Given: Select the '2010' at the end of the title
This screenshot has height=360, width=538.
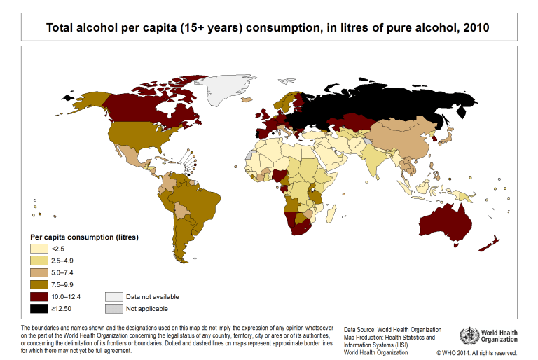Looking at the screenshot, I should [476, 28].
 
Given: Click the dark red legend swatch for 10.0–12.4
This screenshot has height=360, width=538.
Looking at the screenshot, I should [38, 296].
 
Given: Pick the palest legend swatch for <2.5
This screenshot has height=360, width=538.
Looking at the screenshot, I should [38, 248].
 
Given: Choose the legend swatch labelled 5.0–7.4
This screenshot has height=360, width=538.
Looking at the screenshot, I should [38, 272].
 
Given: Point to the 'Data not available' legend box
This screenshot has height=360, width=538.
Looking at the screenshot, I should [113, 296].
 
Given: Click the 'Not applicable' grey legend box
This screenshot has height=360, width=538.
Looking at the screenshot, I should [113, 308].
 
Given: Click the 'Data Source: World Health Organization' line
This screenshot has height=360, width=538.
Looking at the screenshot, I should [392, 329].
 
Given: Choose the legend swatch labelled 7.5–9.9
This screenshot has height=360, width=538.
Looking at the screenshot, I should [38, 284].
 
